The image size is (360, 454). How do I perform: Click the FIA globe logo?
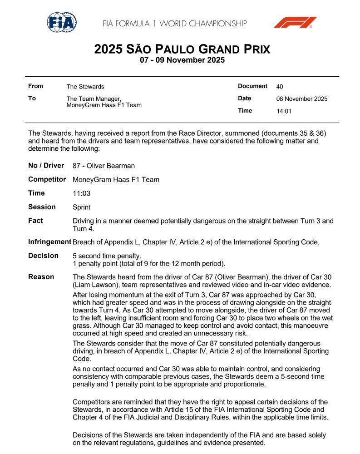[62, 22]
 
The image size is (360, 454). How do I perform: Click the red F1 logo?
[295, 22]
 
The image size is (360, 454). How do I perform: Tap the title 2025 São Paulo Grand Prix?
[182, 49]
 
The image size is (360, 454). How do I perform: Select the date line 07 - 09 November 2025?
[182, 60]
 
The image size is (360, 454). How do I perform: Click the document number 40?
[280, 86]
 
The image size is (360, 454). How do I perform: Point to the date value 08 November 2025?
[301, 99]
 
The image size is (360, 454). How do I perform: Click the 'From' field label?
[35, 86]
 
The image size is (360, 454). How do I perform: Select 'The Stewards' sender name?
[85, 86]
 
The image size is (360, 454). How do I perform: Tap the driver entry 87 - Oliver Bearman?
[104, 166]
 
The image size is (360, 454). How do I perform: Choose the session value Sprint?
[82, 207]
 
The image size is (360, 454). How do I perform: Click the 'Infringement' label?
[49, 242]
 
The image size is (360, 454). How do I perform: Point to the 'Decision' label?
[43, 256]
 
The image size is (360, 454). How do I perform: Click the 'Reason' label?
[41, 277]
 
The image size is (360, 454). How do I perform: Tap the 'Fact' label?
[35, 221]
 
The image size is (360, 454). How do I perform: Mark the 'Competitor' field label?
[47, 179]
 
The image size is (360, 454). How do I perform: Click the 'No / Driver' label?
[46, 166]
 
